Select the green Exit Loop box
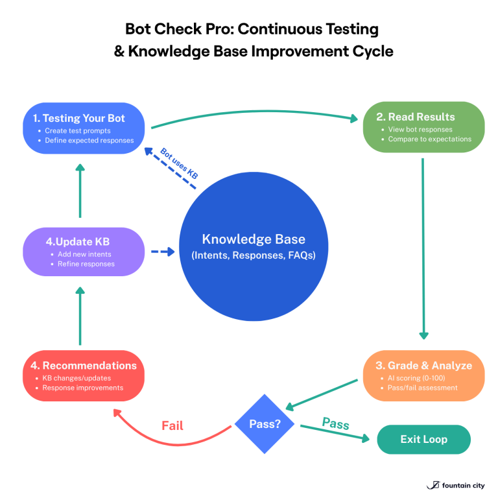tap(423, 439)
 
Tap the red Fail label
tap(172, 426)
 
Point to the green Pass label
tap(335, 424)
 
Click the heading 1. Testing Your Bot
tap(79, 118)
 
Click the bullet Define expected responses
tap(89, 140)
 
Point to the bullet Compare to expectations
tap(429, 139)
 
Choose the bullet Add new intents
tap(84, 254)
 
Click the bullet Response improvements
tap(82, 388)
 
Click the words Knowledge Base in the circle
tap(253, 239)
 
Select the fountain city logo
tap(455, 484)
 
